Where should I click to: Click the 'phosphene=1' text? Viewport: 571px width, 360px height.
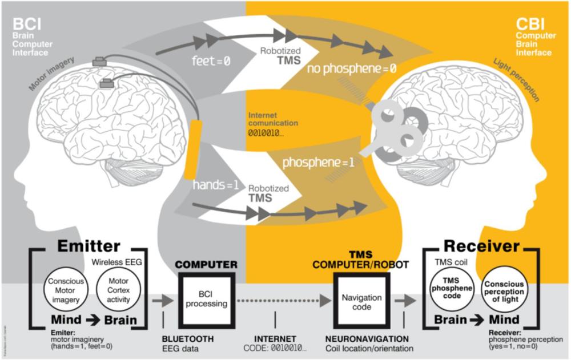coord(319,162)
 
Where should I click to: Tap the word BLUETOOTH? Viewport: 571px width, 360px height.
coord(188,339)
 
